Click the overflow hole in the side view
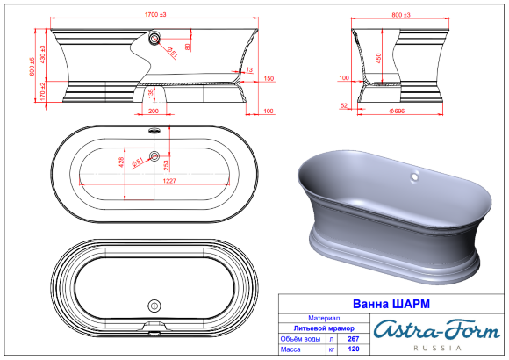[x=155, y=39]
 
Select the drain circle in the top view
[x=155, y=157]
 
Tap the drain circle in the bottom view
[x=155, y=306]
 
